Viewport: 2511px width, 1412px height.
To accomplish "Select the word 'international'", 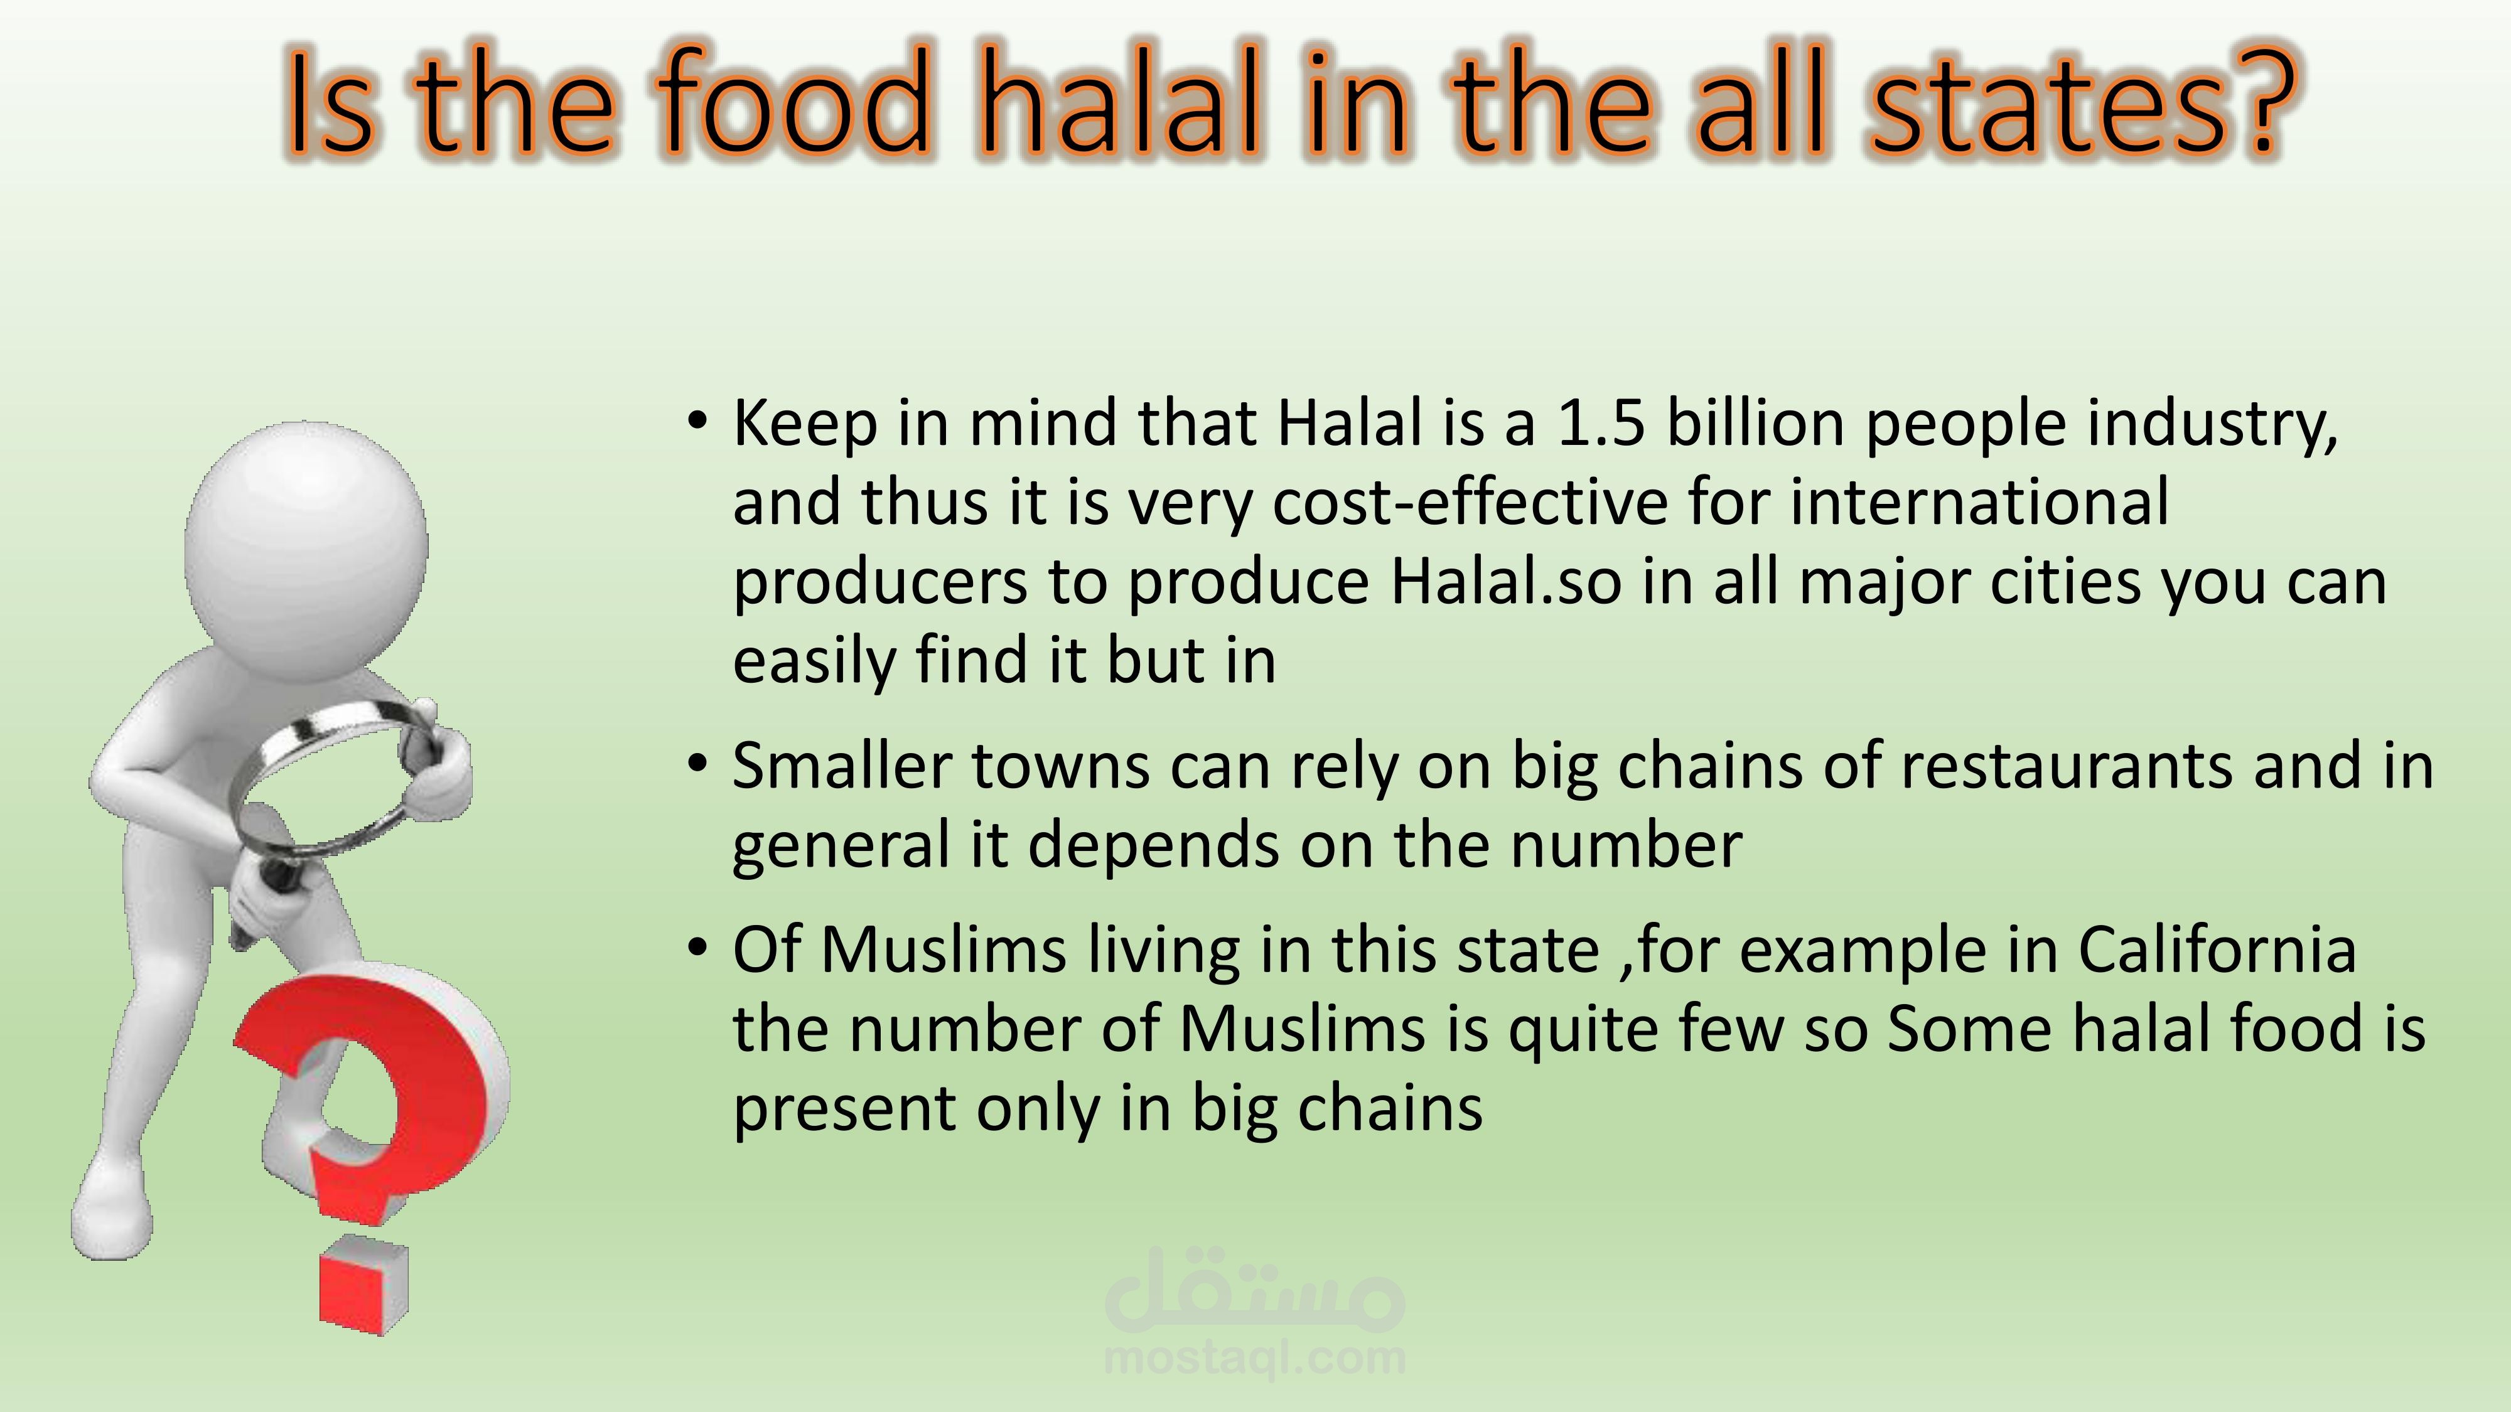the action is pyautogui.click(x=1979, y=502).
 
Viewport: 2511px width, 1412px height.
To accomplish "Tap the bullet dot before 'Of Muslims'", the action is pyautogui.click(x=696, y=947).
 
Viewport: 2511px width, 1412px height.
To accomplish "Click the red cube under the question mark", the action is pyautogui.click(x=363, y=1285).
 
